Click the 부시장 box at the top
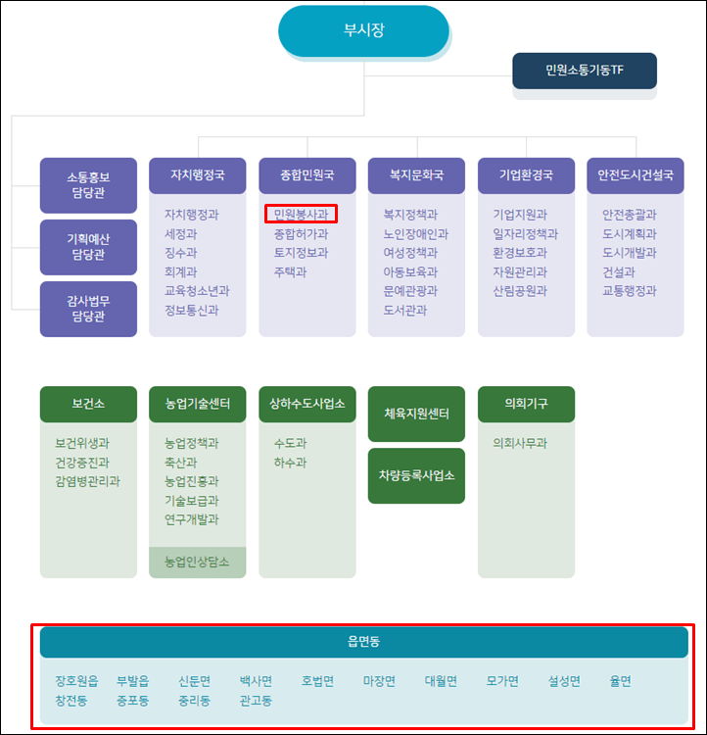[363, 30]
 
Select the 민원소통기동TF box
[584, 71]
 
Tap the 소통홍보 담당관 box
[88, 185]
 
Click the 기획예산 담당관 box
[88, 247]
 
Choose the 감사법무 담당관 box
[88, 309]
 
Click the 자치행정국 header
[197, 175]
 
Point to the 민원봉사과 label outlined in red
[302, 214]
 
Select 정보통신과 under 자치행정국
[192, 310]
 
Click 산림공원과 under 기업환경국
[520, 291]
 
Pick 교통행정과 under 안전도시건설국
[630, 291]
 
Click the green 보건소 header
[88, 404]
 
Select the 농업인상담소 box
[197, 563]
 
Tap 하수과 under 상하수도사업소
[290, 463]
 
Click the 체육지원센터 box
[416, 414]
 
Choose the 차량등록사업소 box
[416, 475]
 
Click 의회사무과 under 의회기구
[520, 443]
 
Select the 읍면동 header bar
[363, 642]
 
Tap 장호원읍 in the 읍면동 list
[76, 681]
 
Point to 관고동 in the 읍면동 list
[256, 701]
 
